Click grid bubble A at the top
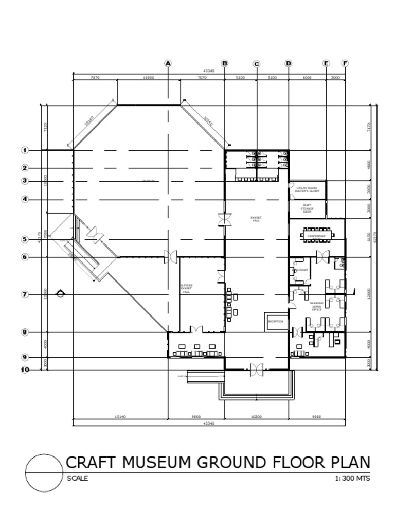coord(168,63)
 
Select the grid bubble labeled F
coord(345,63)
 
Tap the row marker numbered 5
coord(25,239)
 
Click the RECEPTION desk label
coord(276,321)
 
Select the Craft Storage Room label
coord(307,209)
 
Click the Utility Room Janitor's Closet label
coord(307,189)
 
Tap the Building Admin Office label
coord(316,306)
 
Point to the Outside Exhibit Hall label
coord(186,288)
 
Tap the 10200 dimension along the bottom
coord(256,417)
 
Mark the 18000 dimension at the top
coord(148,77)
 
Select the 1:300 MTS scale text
coord(352,478)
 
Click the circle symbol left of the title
coord(43,473)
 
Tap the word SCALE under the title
coord(78,478)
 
